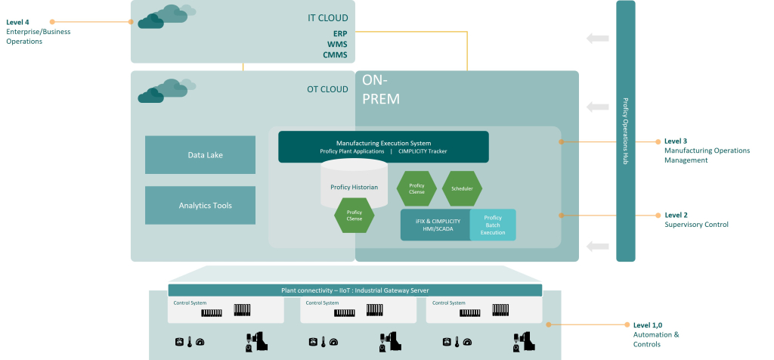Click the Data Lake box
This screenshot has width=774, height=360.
pyautogui.click(x=200, y=154)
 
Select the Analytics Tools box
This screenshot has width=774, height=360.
pyautogui.click(x=200, y=206)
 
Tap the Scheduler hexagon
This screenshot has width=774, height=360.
pyautogui.click(x=462, y=188)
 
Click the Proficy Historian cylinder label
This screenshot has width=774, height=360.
pyautogui.click(x=354, y=187)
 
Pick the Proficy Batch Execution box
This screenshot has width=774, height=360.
pyautogui.click(x=493, y=225)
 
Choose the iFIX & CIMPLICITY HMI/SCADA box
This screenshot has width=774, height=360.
pyautogui.click(x=435, y=225)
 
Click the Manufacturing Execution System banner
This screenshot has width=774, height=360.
pyautogui.click(x=383, y=147)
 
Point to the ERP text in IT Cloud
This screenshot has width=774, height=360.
pyautogui.click(x=340, y=33)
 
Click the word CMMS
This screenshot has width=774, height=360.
pyautogui.click(x=335, y=54)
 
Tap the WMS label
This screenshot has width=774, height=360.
pyautogui.click(x=337, y=45)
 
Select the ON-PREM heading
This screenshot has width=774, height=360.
pyautogui.click(x=381, y=89)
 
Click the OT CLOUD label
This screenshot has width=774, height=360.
pyautogui.click(x=327, y=89)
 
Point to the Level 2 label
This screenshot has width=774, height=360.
pyautogui.click(x=676, y=216)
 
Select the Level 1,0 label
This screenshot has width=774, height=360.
pyautogui.click(x=648, y=325)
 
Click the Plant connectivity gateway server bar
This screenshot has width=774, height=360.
pyautogui.click(x=355, y=290)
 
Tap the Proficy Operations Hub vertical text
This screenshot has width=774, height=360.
pyautogui.click(x=625, y=131)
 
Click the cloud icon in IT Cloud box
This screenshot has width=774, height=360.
pyautogui.click(x=166, y=17)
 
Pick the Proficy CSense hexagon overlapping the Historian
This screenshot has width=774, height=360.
pyautogui.click(x=354, y=216)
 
